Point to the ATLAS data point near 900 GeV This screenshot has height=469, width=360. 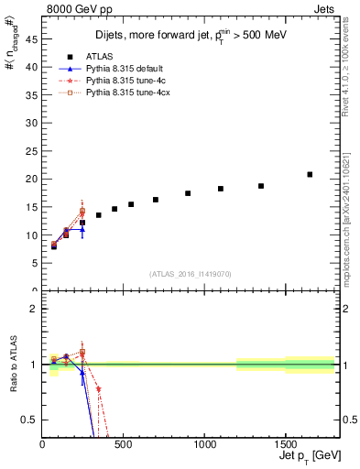(188, 193)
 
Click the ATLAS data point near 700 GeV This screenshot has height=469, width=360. (156, 200)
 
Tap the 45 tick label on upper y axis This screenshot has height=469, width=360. (30, 39)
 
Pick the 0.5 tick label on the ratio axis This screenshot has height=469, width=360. (29, 420)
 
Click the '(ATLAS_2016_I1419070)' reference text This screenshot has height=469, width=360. (190, 273)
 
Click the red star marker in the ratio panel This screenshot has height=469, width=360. (98, 389)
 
